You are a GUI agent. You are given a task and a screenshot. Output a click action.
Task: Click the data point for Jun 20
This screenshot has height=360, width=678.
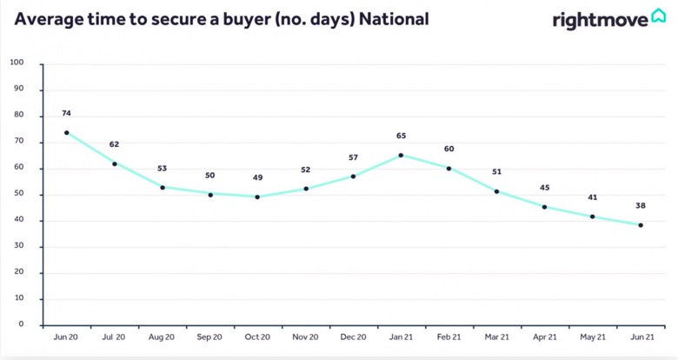[x=67, y=133]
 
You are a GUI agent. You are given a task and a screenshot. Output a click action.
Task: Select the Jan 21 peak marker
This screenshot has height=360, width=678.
[x=401, y=156]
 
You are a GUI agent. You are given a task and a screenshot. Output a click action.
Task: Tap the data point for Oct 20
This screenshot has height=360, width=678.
[x=257, y=197]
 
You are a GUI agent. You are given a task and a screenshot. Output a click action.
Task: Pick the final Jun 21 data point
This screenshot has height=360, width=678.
[x=641, y=225]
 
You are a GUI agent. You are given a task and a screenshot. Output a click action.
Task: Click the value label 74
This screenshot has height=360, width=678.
[x=66, y=113]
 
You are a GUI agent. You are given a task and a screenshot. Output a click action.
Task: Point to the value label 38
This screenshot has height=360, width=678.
[x=641, y=205]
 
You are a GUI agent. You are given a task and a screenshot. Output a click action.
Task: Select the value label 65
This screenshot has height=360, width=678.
[x=402, y=136]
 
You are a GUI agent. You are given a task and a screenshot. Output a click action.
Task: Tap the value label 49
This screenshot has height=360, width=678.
[x=257, y=177]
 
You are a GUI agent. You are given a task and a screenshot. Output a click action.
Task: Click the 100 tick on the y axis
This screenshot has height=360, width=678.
[x=17, y=63]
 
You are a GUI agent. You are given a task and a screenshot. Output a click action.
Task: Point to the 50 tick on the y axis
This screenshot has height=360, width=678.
[x=18, y=193]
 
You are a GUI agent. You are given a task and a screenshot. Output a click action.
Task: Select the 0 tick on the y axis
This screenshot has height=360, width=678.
[x=21, y=324]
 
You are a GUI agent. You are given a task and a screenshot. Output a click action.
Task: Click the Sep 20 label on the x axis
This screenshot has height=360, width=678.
[x=209, y=337]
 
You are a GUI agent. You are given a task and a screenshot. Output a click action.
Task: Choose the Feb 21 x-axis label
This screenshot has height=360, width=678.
[x=449, y=337]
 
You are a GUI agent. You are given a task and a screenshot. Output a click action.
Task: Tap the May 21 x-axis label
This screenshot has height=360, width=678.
[x=593, y=337]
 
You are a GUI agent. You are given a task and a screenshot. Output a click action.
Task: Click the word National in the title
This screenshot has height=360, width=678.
[x=394, y=19]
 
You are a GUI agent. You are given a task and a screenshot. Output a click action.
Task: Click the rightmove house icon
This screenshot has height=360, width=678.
[x=659, y=15]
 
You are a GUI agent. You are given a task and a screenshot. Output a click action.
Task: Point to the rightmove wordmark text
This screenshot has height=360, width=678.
[x=601, y=20]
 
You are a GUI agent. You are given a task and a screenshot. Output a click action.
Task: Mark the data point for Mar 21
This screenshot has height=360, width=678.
[x=496, y=191]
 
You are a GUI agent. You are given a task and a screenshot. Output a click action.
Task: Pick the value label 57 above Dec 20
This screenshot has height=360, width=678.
[x=353, y=157]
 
